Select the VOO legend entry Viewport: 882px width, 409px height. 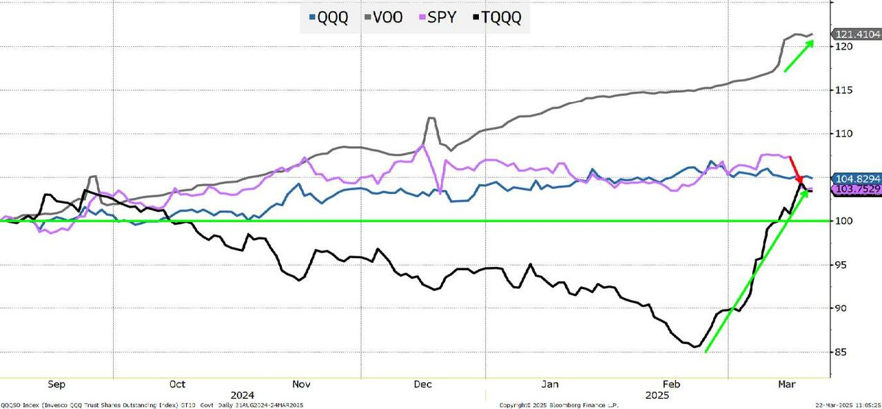point(382,17)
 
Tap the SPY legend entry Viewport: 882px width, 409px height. point(437,17)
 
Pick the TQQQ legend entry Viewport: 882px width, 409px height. point(497,17)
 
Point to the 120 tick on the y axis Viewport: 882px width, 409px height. point(844,46)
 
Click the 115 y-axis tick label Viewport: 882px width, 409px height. point(844,90)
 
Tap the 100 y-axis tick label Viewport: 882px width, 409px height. point(844,221)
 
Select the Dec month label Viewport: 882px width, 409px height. point(423,384)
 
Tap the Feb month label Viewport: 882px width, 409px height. point(671,384)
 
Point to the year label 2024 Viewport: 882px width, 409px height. point(242,395)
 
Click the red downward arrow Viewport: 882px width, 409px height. point(795,169)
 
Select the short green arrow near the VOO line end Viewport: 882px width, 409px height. point(799,56)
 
